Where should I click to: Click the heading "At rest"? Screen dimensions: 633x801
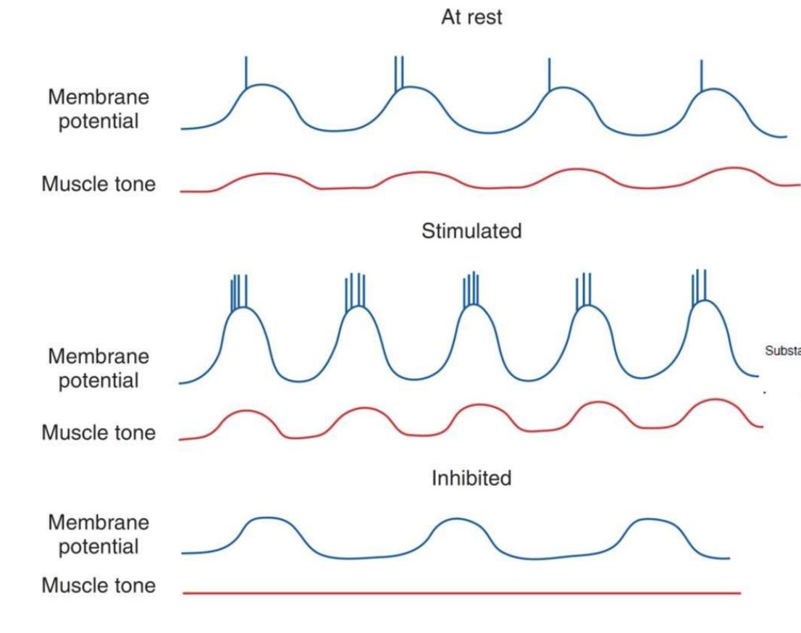[471, 17]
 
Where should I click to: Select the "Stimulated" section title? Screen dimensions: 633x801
[471, 231]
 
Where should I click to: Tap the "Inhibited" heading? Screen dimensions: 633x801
[471, 478]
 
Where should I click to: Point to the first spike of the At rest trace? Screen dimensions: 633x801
[246, 72]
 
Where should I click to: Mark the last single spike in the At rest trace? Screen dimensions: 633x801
[701, 75]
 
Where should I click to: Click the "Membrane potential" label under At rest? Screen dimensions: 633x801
[98, 109]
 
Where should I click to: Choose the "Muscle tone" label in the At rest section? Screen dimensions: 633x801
[98, 184]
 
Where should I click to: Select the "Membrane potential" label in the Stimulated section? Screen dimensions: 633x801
[98, 368]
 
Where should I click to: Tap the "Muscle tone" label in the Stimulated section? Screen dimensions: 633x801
[98, 432]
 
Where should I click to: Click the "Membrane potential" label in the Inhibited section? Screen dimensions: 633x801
[98, 534]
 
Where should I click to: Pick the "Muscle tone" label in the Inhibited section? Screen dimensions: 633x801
[98, 585]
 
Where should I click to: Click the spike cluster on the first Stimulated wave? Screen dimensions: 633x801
[239, 293]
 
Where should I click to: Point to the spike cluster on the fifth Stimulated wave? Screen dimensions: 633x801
[700, 286]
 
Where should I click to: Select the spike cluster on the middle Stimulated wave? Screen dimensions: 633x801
[471, 289]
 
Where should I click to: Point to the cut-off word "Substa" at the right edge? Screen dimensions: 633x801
[782, 351]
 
